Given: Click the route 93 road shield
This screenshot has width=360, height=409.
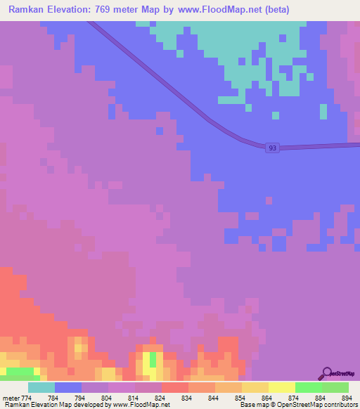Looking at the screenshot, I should pyautogui.click(x=272, y=148).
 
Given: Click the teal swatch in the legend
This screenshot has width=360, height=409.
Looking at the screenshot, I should pyautogui.click(x=41, y=387).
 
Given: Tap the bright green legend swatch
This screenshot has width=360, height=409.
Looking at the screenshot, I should pyautogui.click(x=308, y=387).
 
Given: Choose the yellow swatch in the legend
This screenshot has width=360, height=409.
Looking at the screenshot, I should pyautogui.click(x=281, y=387).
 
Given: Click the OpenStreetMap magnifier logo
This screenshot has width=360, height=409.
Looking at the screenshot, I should pyautogui.click(x=326, y=373).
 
